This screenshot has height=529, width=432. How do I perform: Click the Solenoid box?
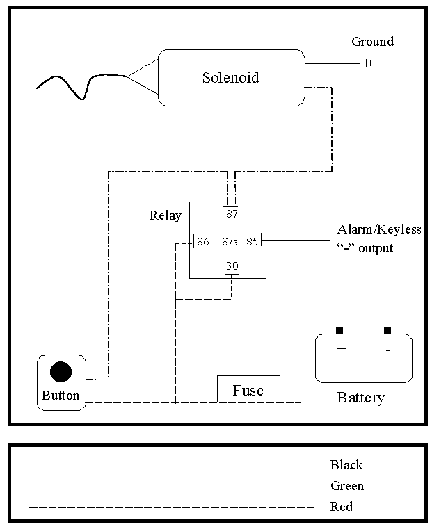[231, 77]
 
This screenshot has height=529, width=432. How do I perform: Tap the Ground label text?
[372, 42]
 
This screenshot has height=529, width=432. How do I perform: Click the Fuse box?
[248, 390]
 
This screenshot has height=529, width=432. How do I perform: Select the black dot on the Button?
[61, 373]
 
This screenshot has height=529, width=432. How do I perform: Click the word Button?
[61, 396]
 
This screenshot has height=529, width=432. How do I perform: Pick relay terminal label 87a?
[230, 242]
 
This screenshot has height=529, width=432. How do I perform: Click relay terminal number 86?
[203, 242]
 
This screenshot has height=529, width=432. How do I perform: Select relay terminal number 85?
[252, 242]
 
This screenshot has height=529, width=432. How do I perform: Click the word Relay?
[165, 215]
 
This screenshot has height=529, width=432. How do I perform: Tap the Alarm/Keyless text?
[379, 229]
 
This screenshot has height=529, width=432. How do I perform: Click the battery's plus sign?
[342, 349]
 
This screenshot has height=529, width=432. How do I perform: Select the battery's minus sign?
[387, 350]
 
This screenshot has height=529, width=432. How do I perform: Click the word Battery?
[360, 398]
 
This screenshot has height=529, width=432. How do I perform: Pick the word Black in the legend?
[346, 465]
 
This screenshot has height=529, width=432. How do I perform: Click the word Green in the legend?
[347, 486]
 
